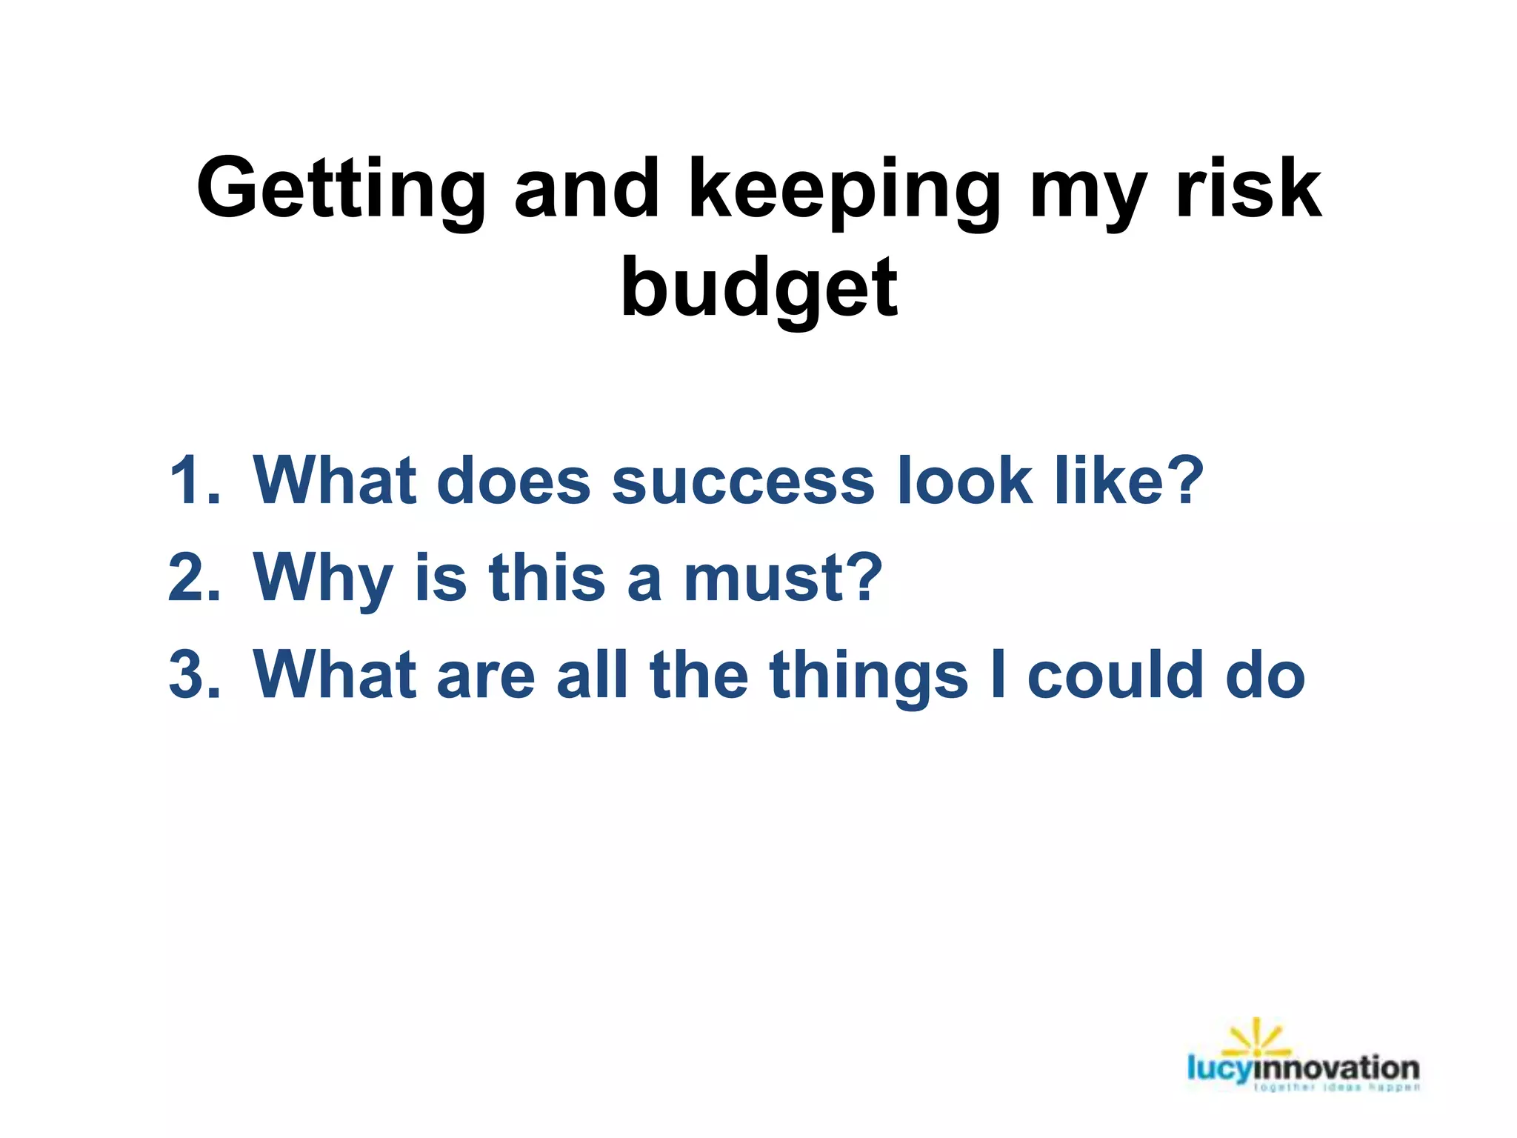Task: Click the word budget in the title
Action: pyautogui.click(x=758, y=289)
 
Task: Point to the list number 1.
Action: pyautogui.click(x=194, y=482)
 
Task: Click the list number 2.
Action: pyautogui.click(x=194, y=578)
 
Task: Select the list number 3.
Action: pyautogui.click(x=194, y=675)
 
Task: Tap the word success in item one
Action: pyautogui.click(x=743, y=482)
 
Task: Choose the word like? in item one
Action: pyautogui.click(x=1129, y=482)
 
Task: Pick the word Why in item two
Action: pyautogui.click(x=322, y=578)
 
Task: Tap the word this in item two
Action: pyautogui.click(x=547, y=578)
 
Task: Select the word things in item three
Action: pyautogui.click(x=868, y=675)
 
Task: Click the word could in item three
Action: pyautogui.click(x=1115, y=675)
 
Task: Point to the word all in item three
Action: pyautogui.click(x=592, y=675)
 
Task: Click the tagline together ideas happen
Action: pyautogui.click(x=1337, y=1088)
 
